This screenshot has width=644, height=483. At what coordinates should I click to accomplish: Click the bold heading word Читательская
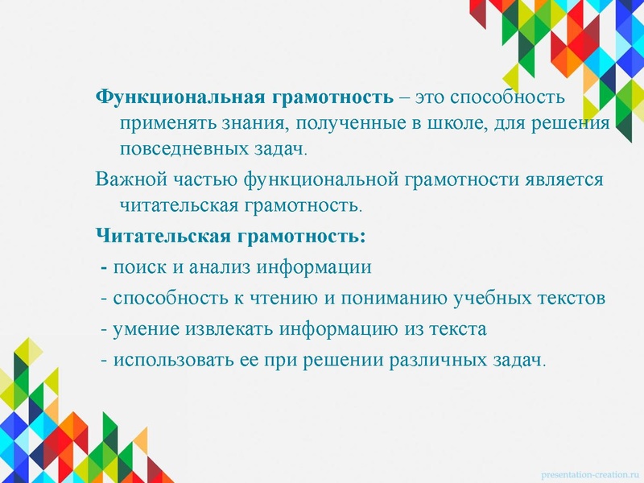(x=163, y=237)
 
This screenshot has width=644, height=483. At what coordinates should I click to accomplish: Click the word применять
(x=165, y=123)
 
